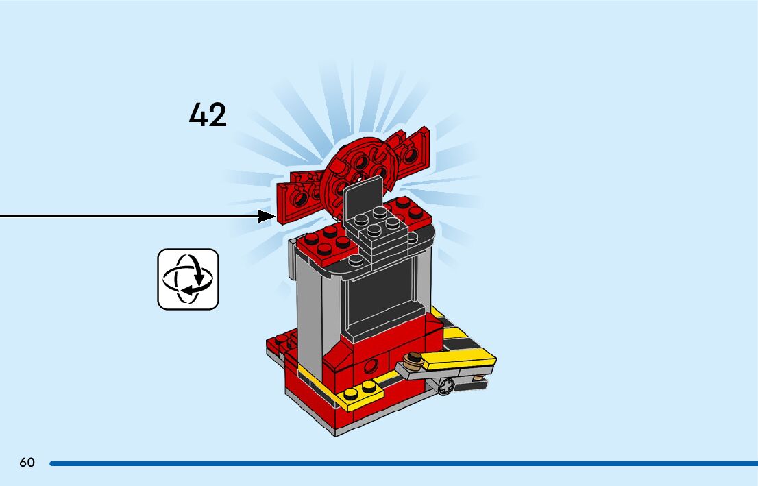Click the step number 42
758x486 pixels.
click(x=208, y=115)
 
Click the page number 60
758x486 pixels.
click(x=27, y=463)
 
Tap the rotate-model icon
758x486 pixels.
click(x=188, y=279)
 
